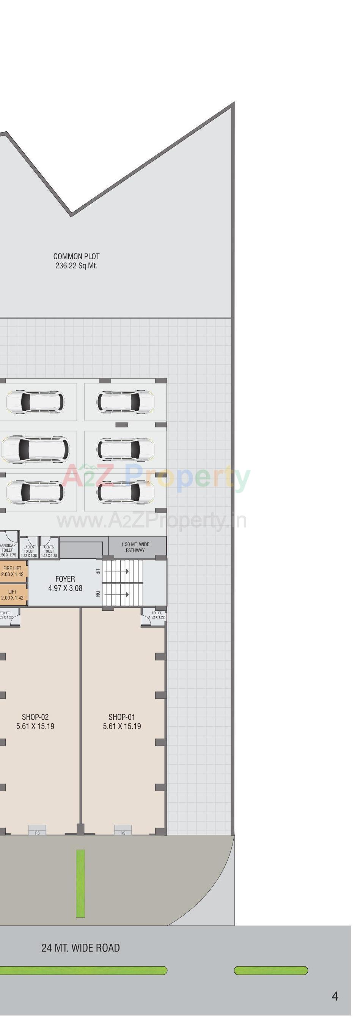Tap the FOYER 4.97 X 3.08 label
[x=65, y=583]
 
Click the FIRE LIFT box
[x=13, y=571]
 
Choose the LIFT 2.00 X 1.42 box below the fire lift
[x=13, y=594]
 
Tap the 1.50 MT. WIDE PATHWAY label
[x=135, y=547]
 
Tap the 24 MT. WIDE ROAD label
[x=80, y=948]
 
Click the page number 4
[x=335, y=996]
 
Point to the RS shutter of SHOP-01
[x=123, y=829]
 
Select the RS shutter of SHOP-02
[x=38, y=829]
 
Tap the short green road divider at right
[x=270, y=970]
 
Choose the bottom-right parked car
[x=125, y=492]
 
